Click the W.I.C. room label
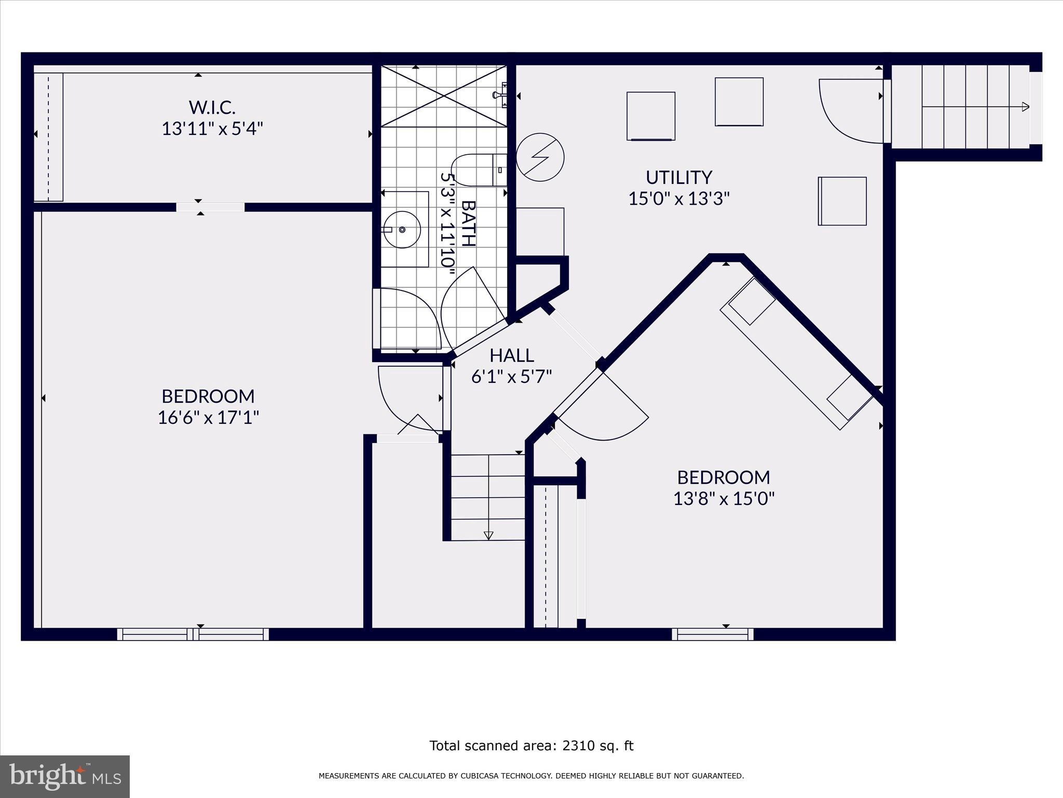tap(212, 108)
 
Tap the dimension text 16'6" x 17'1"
tap(208, 417)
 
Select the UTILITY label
tap(679, 178)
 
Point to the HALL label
tap(512, 355)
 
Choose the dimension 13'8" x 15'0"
tap(724, 499)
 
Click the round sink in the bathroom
tap(402, 229)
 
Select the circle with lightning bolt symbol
tap(540, 157)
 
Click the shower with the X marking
tap(444, 96)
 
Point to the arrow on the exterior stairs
tap(1025, 107)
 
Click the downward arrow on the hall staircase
tap(488, 535)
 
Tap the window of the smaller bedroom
tap(713, 634)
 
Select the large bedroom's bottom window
tap(193, 634)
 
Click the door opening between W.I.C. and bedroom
tap(210, 207)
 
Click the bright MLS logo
tap(65, 776)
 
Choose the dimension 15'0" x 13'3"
tap(679, 198)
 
